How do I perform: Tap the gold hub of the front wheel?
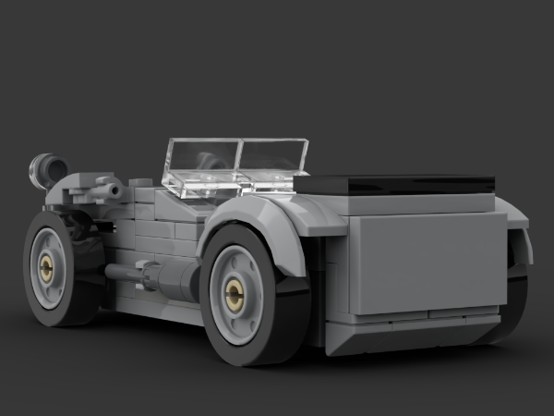(x=46, y=268)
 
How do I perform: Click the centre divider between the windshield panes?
(x=238, y=163)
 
